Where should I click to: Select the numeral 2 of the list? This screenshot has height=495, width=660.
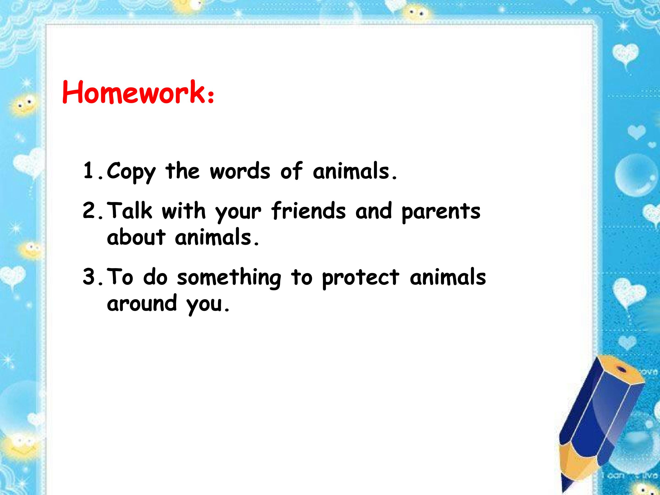tap(89, 210)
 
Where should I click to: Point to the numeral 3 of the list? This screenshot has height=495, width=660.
tap(89, 276)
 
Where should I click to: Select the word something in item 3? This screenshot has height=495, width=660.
tap(229, 278)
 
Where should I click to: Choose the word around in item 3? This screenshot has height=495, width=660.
tap(142, 303)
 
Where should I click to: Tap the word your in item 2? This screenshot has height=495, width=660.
tap(238, 213)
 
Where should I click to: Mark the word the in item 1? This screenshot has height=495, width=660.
tap(182, 171)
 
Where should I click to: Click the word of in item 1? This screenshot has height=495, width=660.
tap(291, 171)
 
